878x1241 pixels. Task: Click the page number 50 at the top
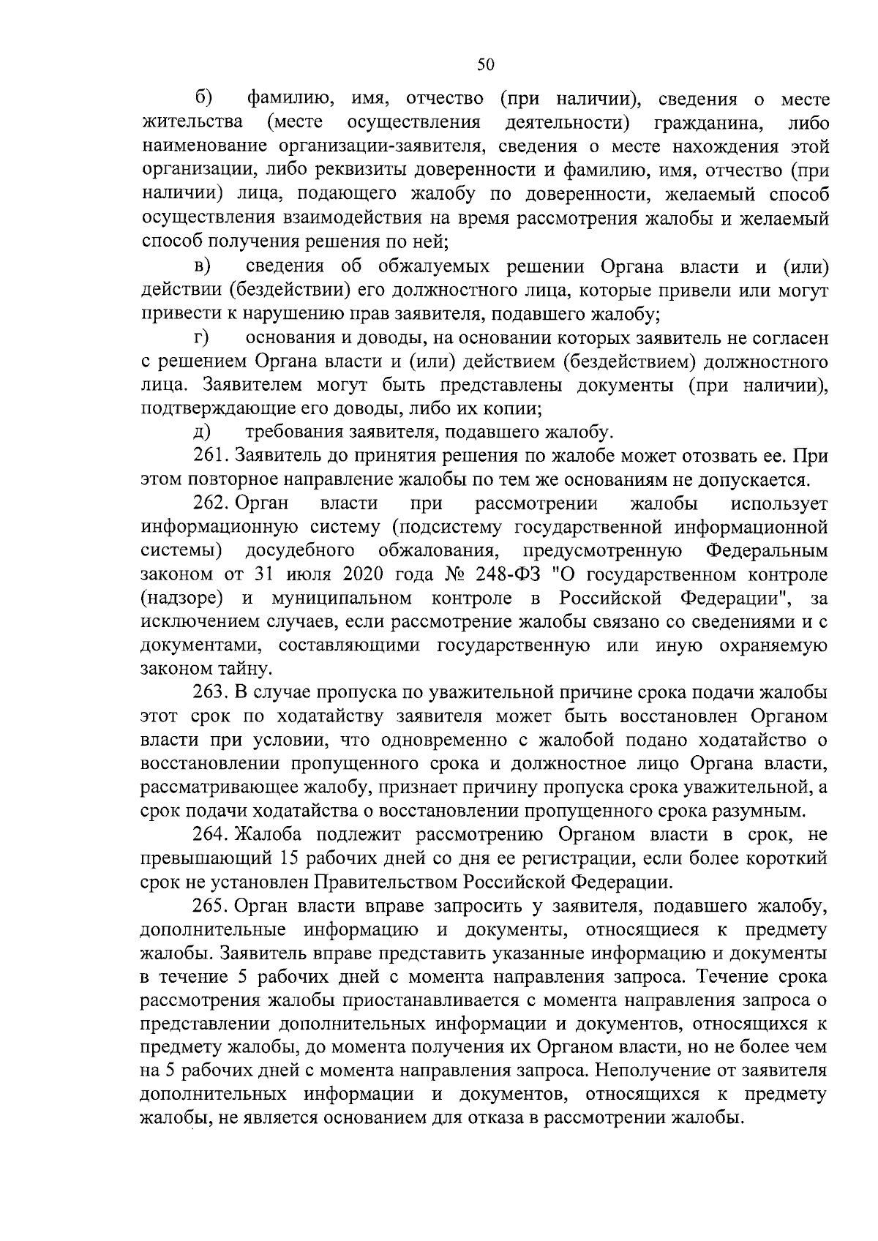click(x=486, y=65)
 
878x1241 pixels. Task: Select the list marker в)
click(x=203, y=267)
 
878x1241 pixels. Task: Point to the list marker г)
click(x=202, y=338)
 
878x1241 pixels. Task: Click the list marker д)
click(x=202, y=432)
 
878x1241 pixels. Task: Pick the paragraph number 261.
click(x=211, y=457)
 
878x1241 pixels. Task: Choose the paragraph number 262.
click(x=211, y=504)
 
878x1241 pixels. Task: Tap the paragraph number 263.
click(x=211, y=692)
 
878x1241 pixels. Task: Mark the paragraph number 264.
click(x=211, y=834)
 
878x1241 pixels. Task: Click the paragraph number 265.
click(x=211, y=906)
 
